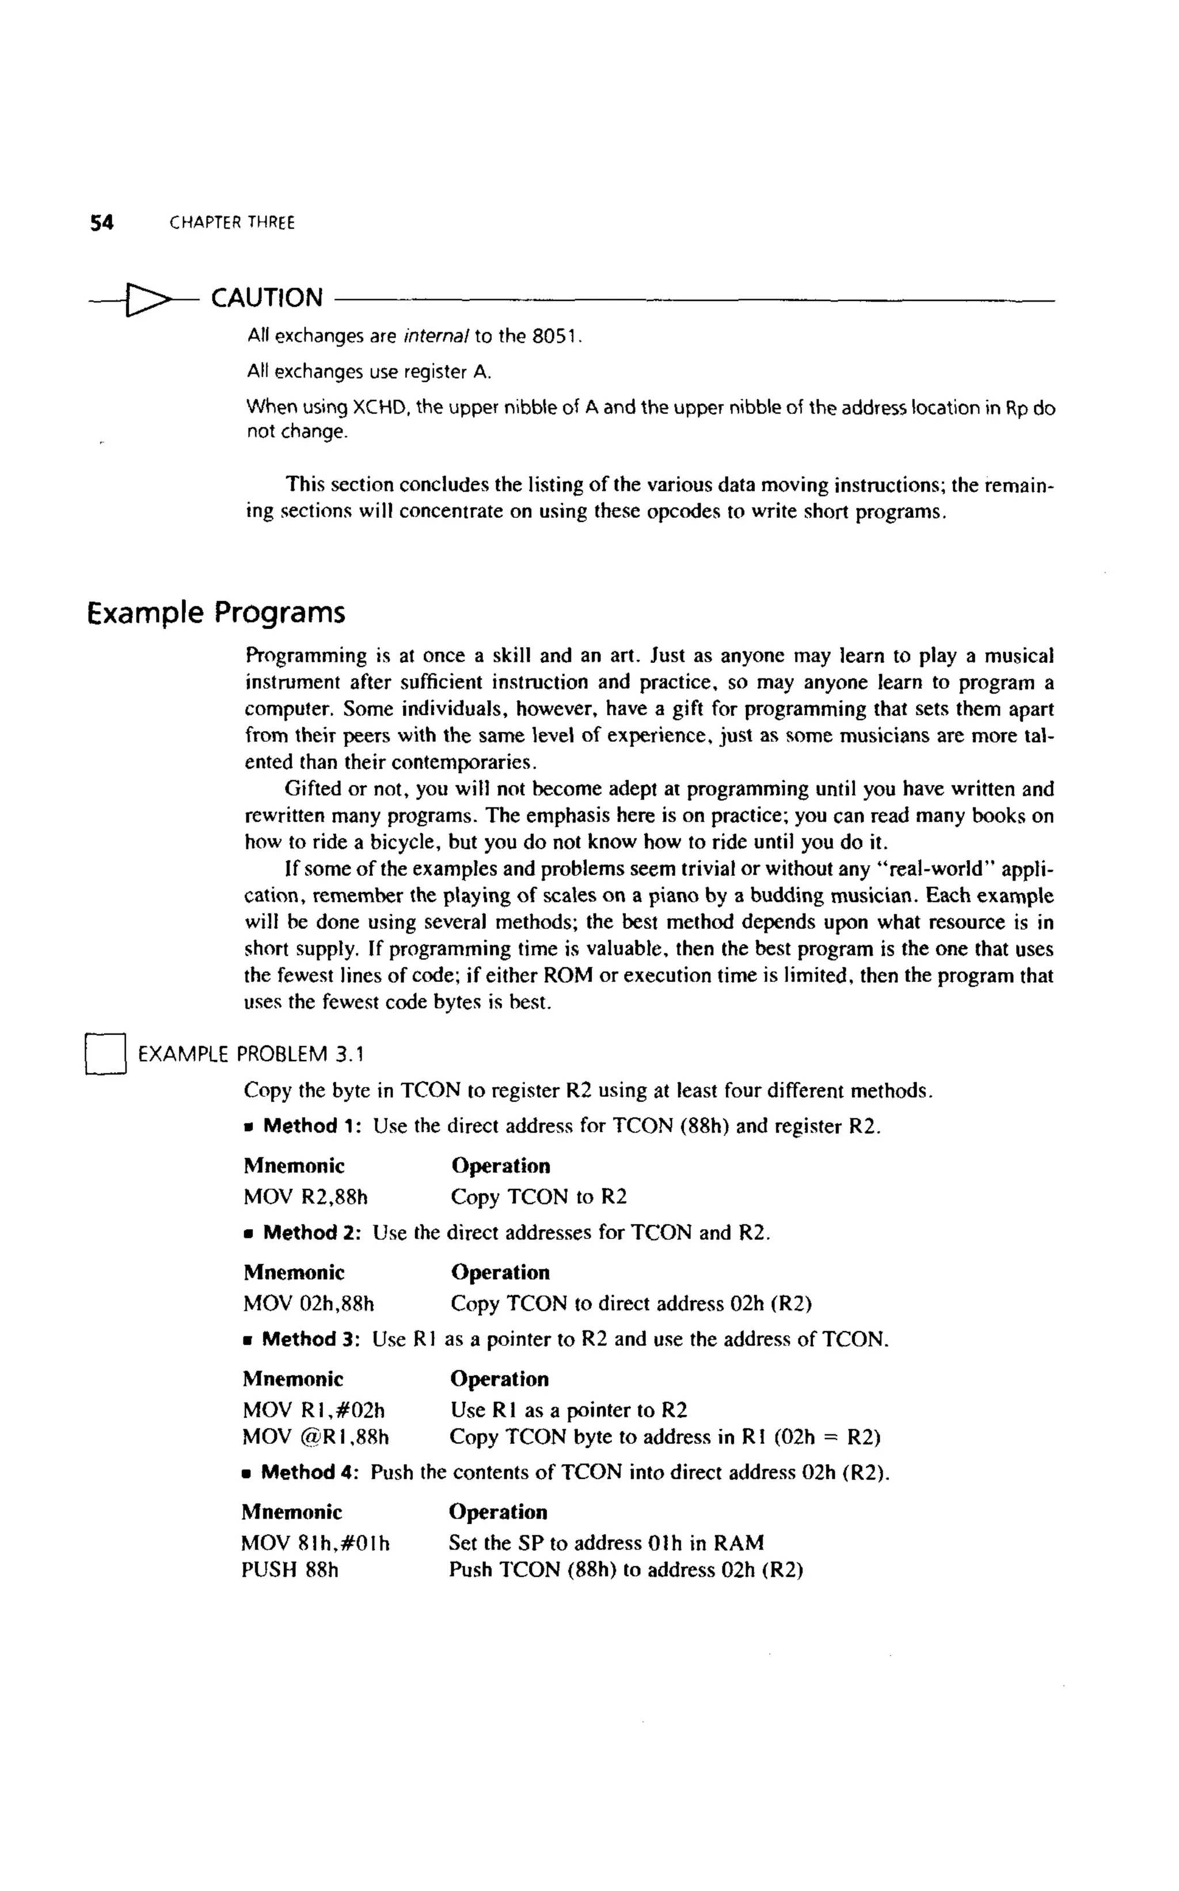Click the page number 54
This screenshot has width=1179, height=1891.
click(101, 223)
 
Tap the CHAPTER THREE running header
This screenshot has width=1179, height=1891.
click(233, 223)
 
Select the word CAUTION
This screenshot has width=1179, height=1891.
click(267, 298)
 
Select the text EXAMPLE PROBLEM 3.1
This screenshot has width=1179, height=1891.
click(251, 1055)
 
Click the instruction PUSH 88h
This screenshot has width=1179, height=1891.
click(290, 1569)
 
